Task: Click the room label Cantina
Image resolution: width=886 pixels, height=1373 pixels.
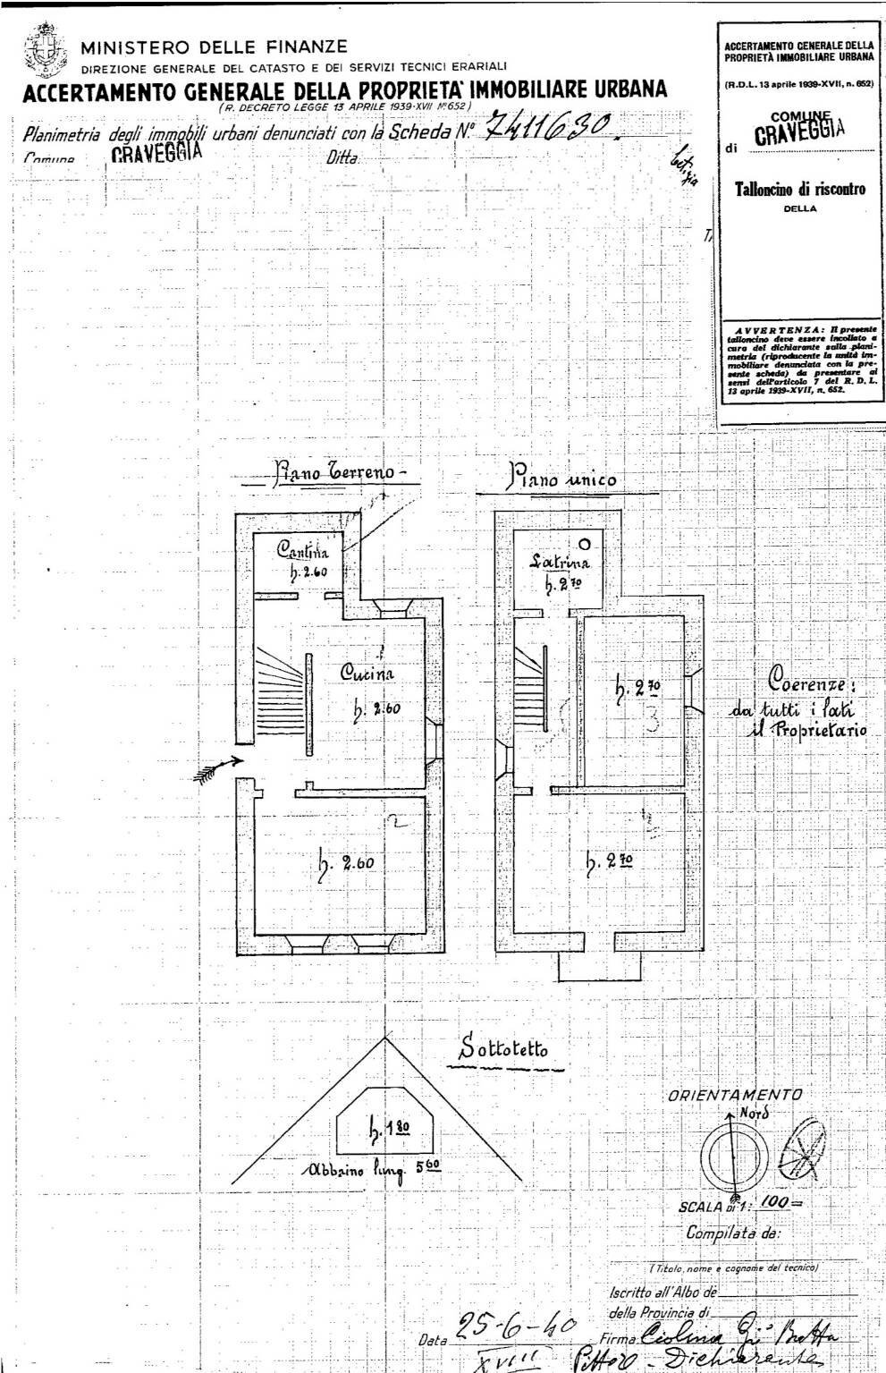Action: [x=303, y=550]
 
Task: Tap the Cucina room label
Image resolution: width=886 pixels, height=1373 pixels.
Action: [x=367, y=674]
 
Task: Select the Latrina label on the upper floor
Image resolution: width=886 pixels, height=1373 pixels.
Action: [x=559, y=563]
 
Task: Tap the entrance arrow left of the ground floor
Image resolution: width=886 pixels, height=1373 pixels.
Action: [x=218, y=766]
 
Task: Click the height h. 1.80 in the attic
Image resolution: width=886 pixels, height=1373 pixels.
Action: [x=385, y=1130]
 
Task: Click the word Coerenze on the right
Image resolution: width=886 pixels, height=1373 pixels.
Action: [x=811, y=682]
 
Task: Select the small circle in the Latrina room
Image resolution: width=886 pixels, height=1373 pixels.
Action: [x=584, y=543]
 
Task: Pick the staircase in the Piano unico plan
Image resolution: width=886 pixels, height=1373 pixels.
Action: [x=531, y=684]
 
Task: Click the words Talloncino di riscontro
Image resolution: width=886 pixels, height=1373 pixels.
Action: [x=800, y=189]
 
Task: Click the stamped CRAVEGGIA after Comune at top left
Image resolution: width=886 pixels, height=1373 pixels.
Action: [x=157, y=150]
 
